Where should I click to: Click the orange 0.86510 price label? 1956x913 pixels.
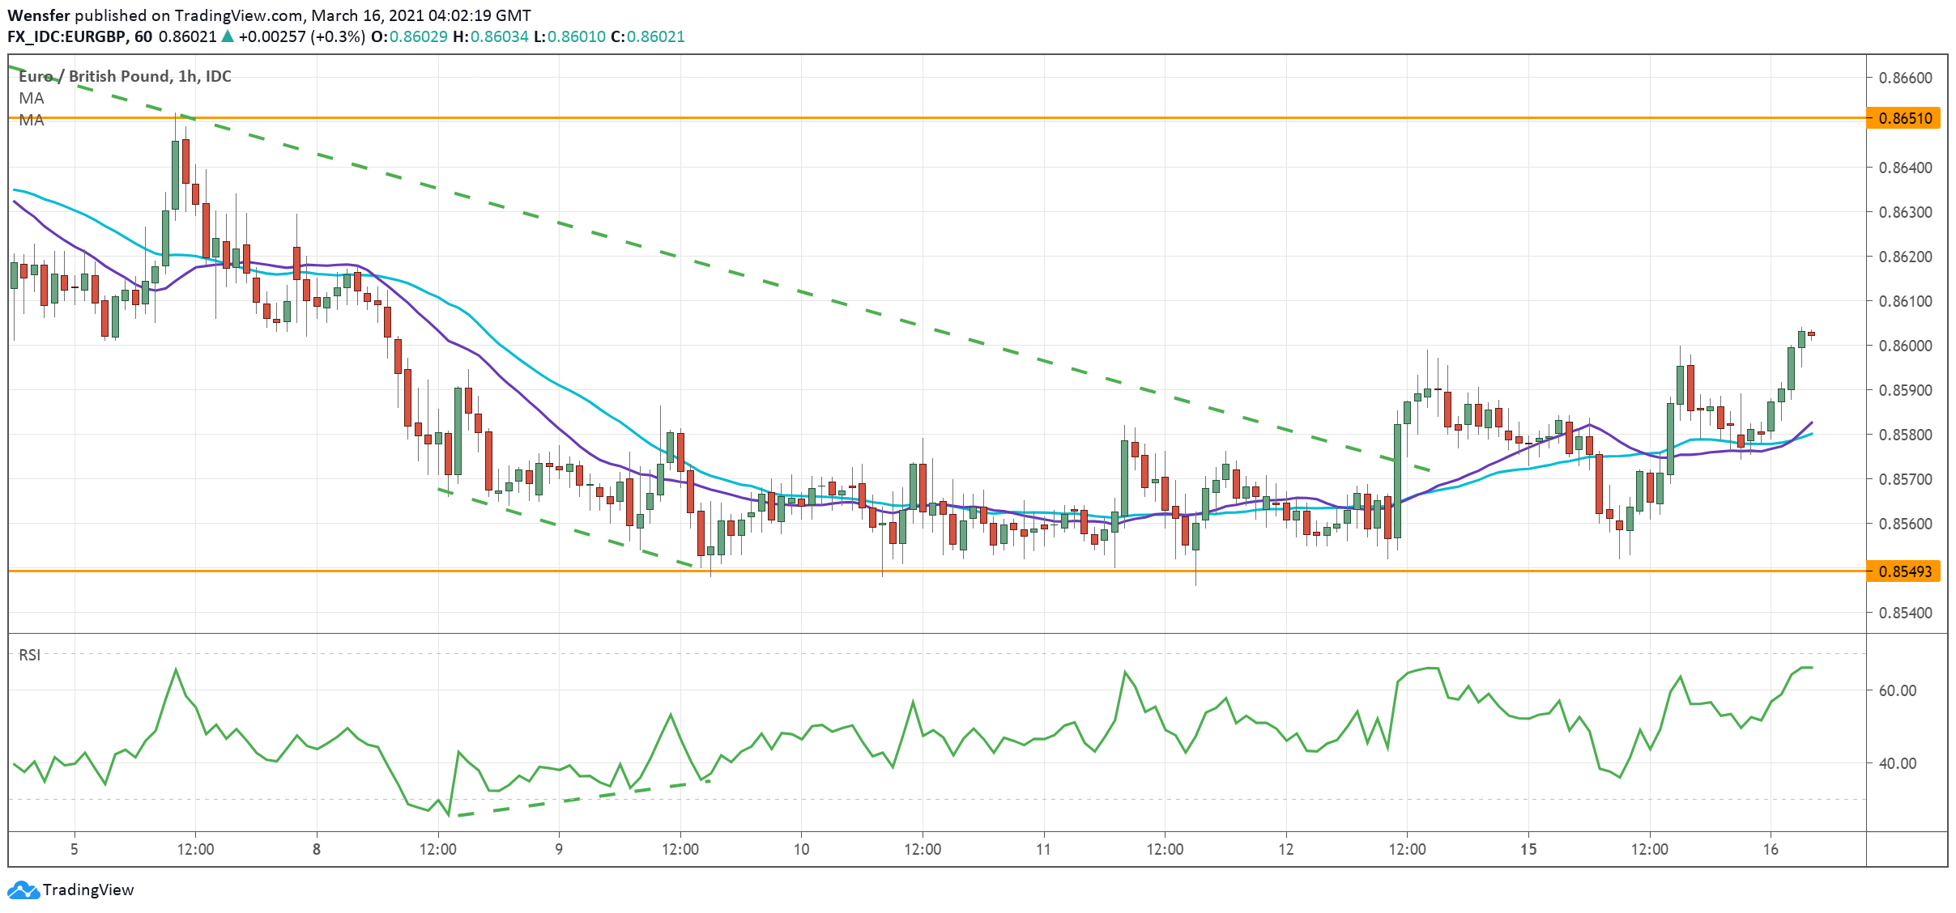[1906, 118]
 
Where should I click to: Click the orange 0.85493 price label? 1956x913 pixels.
[1906, 571]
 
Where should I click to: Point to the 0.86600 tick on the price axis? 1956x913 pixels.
[1905, 78]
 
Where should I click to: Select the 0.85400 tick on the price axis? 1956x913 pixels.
[1905, 613]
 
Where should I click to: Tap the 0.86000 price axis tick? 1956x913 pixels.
[1905, 346]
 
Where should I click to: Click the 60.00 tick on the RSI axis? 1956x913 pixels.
[1897, 690]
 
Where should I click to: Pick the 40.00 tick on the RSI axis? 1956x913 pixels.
[1897, 763]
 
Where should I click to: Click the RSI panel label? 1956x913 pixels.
[30, 655]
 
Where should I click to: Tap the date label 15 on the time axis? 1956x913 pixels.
[1528, 849]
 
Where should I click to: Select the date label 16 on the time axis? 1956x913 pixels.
[1771, 849]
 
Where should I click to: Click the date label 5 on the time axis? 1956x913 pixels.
[75, 849]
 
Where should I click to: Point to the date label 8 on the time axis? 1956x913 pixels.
[317, 849]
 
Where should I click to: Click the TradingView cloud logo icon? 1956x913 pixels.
[23, 890]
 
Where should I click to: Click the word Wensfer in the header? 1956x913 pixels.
[39, 15]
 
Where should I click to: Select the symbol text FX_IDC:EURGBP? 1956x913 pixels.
[67, 36]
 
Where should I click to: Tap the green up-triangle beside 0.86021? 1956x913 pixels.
[228, 36]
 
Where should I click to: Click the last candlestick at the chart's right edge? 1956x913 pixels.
[1811, 333]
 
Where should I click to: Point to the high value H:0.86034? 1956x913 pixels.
[491, 36]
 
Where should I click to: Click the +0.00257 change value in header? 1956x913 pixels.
[272, 36]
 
